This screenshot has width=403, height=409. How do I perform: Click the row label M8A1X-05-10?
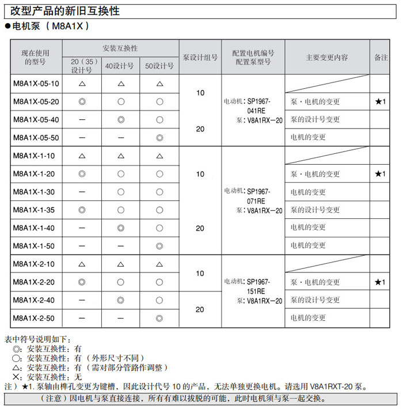pyautogui.click(x=36, y=84)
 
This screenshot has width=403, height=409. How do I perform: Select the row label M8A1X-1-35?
pyautogui.click(x=36, y=210)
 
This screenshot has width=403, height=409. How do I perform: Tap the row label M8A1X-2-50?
pyautogui.click(x=36, y=318)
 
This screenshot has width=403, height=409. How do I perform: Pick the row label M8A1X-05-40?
pyautogui.click(x=36, y=119)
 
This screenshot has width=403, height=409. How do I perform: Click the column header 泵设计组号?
pyautogui.click(x=200, y=58)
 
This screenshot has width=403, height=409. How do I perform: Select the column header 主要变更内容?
pyautogui.click(x=327, y=58)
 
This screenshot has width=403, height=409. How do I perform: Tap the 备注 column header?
pyautogui.click(x=381, y=58)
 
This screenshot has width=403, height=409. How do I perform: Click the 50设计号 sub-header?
pyautogui.click(x=159, y=66)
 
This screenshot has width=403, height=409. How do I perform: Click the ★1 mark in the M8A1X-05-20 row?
pyautogui.click(x=380, y=101)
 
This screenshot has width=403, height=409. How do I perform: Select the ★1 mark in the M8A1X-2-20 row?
pyautogui.click(x=380, y=282)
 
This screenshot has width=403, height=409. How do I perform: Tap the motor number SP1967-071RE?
pyautogui.click(x=258, y=196)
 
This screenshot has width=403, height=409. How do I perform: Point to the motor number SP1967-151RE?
pyautogui.click(x=258, y=286)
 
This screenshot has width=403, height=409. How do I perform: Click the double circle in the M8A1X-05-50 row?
pyautogui.click(x=159, y=138)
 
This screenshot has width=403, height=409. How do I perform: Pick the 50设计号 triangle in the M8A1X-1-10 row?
pyautogui.click(x=159, y=156)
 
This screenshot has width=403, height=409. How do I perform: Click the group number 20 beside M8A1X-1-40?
pyautogui.click(x=200, y=228)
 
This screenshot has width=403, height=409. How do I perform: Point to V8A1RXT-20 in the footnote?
pyautogui.click(x=328, y=387)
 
